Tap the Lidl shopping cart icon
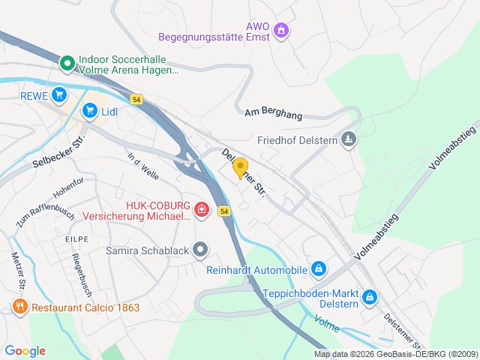[90, 112]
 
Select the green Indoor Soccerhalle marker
[67, 64]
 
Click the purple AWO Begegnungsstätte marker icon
[281, 31]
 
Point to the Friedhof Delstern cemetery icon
[349, 139]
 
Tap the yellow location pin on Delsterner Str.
[240, 168]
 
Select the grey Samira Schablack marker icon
[200, 249]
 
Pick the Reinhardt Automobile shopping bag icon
[319, 268]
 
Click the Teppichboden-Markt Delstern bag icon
[369, 298]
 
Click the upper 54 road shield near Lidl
[136, 99]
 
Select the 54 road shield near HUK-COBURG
[223, 211]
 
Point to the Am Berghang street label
[273, 113]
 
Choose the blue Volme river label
[327, 324]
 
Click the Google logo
[25, 350]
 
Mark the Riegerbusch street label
[82, 269]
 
